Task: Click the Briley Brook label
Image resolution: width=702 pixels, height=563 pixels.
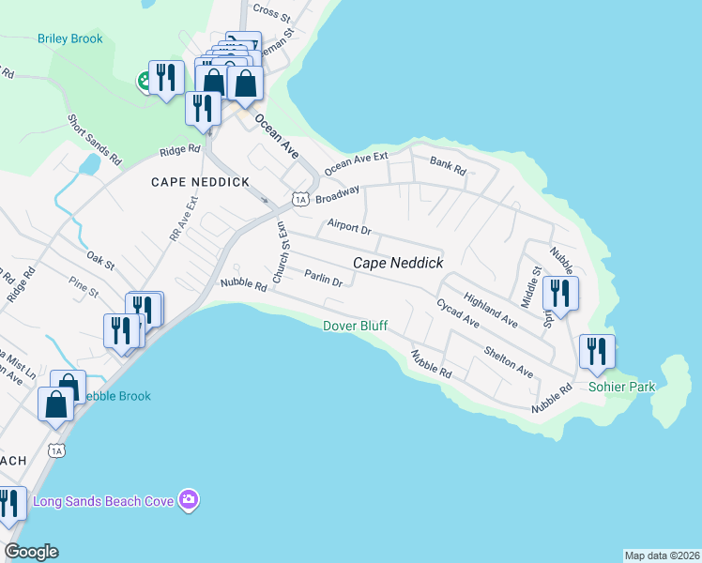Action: [70, 39]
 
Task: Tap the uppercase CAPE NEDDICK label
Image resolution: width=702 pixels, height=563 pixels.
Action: [188, 182]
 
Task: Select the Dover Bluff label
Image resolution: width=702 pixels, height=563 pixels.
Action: [355, 326]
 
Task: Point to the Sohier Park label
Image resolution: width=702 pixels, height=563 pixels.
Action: [621, 387]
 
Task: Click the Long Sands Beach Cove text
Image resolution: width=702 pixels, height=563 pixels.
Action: [103, 501]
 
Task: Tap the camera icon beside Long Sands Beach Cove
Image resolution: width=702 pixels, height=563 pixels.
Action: [189, 500]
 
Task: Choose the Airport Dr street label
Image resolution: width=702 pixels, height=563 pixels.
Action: [349, 228]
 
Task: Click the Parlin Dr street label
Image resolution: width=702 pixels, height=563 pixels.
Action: [324, 277]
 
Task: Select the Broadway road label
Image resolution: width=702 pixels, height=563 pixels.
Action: [338, 195]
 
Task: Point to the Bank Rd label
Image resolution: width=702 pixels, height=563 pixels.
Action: [448, 167]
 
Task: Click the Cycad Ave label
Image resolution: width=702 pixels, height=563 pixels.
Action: [457, 313]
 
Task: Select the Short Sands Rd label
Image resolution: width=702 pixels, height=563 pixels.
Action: [94, 140]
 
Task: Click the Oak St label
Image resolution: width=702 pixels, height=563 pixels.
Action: [100, 259]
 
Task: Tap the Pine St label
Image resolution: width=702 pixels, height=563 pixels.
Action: [84, 286]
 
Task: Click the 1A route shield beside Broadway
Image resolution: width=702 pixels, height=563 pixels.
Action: [300, 199]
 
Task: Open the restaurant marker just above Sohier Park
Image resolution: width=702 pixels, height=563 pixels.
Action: [597, 352]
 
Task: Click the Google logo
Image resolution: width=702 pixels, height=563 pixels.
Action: [31, 552]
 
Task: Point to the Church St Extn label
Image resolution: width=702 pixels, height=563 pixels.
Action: [280, 251]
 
